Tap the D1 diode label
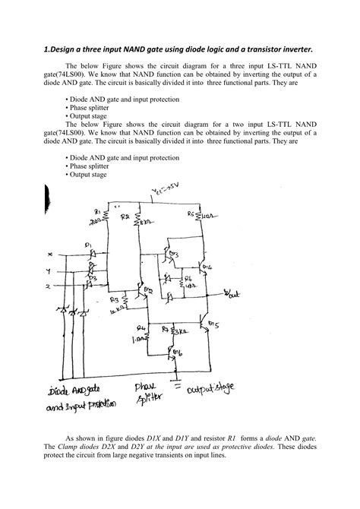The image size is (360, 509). [89, 245]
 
